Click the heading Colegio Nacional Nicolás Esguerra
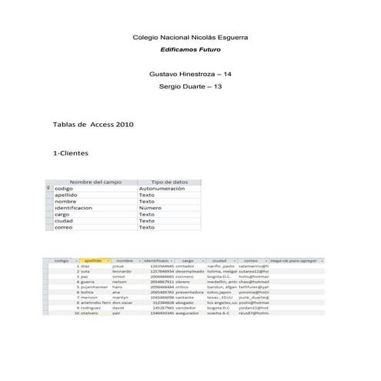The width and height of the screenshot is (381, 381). pos(190,37)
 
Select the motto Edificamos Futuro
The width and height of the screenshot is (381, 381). pos(190,50)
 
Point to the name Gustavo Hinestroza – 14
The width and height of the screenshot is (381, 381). pos(190,74)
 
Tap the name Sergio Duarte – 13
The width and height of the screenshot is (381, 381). pos(190,86)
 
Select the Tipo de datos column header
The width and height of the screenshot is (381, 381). pos(169,182)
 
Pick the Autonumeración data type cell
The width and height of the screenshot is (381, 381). pos(162,189)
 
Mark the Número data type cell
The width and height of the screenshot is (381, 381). pos(150,208)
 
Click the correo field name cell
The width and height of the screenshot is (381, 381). pos(64,227)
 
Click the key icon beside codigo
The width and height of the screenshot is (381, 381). pos(48,189)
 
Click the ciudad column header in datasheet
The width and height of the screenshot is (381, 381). pos(220,261)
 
